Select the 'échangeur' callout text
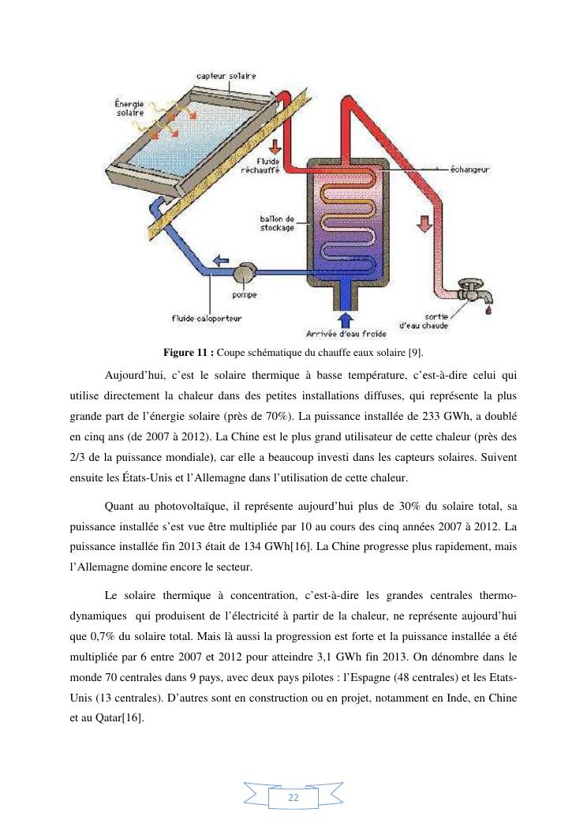coord(469,168)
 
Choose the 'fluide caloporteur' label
coord(207,318)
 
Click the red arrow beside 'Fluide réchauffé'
coord(275,147)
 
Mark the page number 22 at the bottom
coord(293,798)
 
